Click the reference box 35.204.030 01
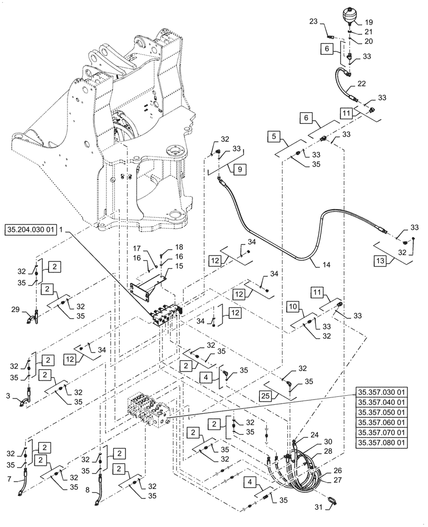[31, 230]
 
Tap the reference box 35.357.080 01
[382, 443]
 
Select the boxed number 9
[238, 170]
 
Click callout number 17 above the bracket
[136, 249]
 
